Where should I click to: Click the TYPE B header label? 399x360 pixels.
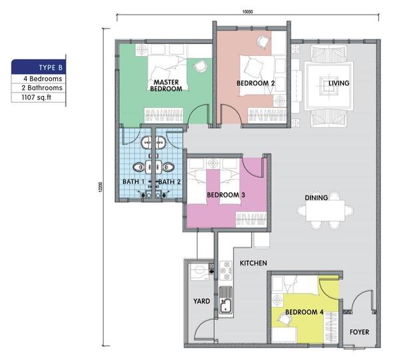click(x=51, y=67)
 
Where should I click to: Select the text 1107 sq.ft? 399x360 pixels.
click(x=37, y=97)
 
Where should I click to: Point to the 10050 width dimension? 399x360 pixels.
click(x=247, y=11)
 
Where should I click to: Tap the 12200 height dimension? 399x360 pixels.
click(x=101, y=187)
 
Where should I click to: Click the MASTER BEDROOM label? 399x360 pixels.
click(x=166, y=86)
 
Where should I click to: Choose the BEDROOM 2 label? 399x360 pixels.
click(x=255, y=83)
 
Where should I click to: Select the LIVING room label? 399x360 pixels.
click(x=338, y=83)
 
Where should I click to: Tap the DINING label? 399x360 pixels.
click(x=317, y=198)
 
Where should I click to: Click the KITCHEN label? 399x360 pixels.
click(x=253, y=263)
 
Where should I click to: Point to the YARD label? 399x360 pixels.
click(x=201, y=301)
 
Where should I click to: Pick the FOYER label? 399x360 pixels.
click(x=359, y=332)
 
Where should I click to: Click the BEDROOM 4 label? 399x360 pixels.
click(x=305, y=312)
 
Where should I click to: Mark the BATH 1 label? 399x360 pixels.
click(x=134, y=182)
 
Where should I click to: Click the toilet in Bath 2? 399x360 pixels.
click(x=168, y=167)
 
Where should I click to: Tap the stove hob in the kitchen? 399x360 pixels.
click(x=225, y=270)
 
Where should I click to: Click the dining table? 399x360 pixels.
click(x=325, y=210)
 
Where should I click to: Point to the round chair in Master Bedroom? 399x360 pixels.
click(x=200, y=66)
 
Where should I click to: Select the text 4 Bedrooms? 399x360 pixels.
click(x=43, y=79)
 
